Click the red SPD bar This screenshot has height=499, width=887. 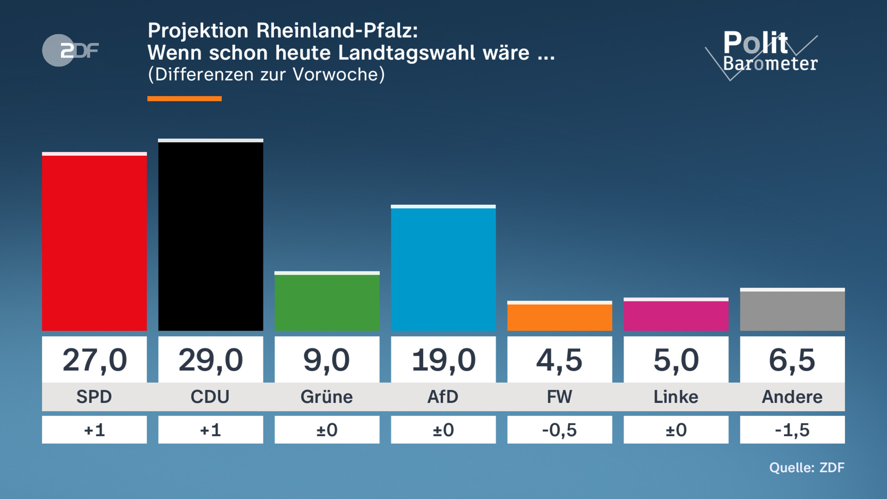pyautogui.click(x=94, y=242)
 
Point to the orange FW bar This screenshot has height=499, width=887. pyautogui.click(x=560, y=316)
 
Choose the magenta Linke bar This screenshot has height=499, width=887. pyautogui.click(x=676, y=315)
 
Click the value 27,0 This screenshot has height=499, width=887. pyautogui.click(x=94, y=360)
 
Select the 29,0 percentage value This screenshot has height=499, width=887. pyautogui.click(x=211, y=360)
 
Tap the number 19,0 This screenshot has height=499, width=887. pyautogui.click(x=443, y=360)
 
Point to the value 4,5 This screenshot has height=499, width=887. pyautogui.click(x=560, y=360)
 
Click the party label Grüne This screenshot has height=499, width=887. pyautogui.click(x=327, y=397)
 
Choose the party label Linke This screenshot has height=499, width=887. pyautogui.click(x=676, y=397)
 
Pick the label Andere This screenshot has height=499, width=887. pyautogui.click(x=792, y=397)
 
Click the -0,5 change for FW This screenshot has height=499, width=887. pyautogui.click(x=560, y=430)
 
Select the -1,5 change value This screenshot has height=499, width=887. pyautogui.click(x=792, y=430)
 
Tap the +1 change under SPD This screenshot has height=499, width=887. pyautogui.click(x=94, y=430)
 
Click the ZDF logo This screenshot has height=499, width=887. pyautogui.click(x=70, y=50)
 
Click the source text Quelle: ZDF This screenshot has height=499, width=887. pyautogui.click(x=806, y=468)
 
